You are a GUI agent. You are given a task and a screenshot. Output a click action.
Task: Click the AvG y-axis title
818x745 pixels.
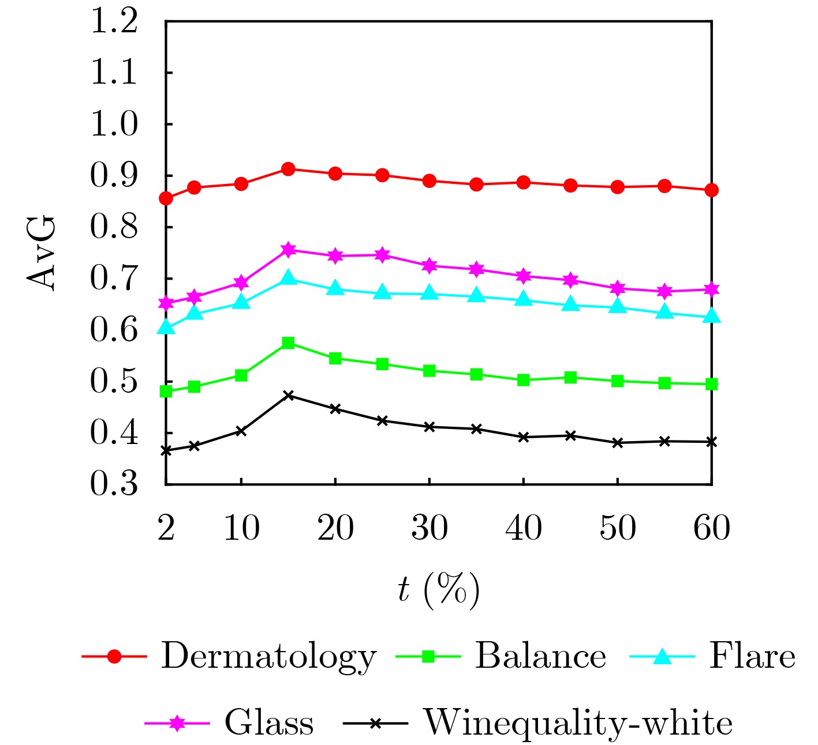click(x=42, y=253)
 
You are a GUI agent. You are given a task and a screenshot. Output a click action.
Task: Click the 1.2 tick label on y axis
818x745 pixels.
click(x=114, y=22)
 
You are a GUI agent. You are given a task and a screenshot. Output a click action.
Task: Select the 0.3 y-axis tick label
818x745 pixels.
click(x=114, y=484)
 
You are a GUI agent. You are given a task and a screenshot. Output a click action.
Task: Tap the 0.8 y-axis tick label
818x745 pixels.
click(x=114, y=227)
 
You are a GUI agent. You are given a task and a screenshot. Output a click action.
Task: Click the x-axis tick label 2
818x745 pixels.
click(x=166, y=527)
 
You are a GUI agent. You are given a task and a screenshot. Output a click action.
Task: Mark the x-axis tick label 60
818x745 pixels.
click(x=711, y=527)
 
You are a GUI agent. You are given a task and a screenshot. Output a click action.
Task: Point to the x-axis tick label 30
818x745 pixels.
click(x=429, y=527)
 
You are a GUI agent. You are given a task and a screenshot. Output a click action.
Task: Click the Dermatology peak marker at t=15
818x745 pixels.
click(x=289, y=169)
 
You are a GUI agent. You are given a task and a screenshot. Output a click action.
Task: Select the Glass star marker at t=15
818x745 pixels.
click(x=289, y=250)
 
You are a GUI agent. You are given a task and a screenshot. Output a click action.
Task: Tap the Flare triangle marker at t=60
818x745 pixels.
click(x=712, y=316)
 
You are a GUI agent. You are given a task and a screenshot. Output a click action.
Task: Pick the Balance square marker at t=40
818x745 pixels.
click(x=524, y=380)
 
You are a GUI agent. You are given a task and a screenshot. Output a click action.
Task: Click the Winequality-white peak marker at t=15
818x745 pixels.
click(x=289, y=396)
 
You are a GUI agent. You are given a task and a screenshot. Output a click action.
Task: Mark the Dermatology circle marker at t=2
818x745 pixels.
click(x=166, y=198)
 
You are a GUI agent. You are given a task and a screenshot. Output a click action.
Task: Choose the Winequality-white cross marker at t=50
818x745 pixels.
click(x=618, y=443)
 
